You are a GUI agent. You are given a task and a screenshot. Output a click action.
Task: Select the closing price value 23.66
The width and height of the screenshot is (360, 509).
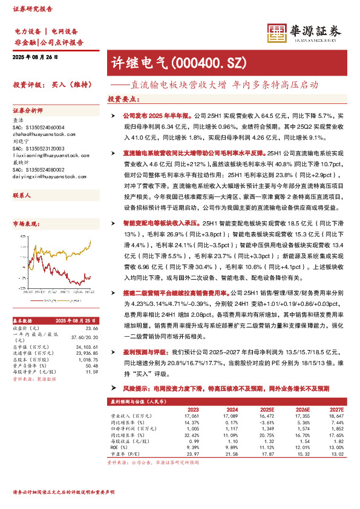92,328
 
